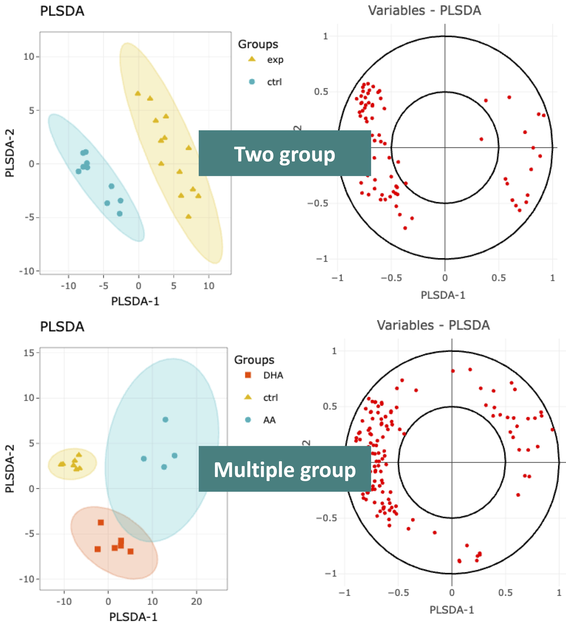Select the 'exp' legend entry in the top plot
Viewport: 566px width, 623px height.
coord(275,60)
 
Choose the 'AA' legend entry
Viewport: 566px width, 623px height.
coord(269,420)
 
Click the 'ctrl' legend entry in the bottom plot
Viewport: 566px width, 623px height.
coord(271,398)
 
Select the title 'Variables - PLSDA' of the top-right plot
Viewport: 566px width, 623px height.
coord(424,11)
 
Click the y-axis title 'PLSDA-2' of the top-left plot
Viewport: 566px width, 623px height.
coord(10,153)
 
